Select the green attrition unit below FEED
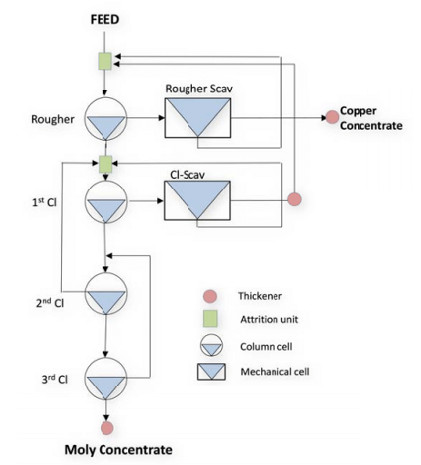(x=105, y=61)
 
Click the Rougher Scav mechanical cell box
(x=197, y=116)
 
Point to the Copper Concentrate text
(x=369, y=118)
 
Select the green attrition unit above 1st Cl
(x=105, y=164)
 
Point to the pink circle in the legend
(x=209, y=296)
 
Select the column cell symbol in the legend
(x=209, y=346)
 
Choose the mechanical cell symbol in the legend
(x=209, y=371)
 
